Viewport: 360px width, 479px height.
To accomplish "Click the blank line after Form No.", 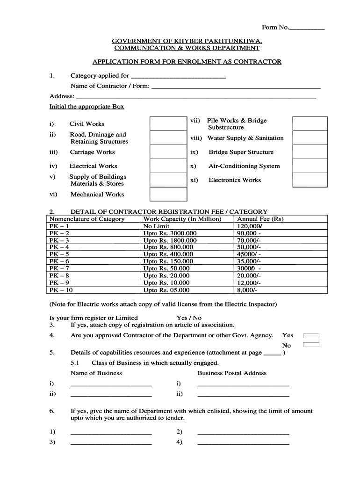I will [307, 29].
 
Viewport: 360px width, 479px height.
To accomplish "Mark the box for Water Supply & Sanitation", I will [310, 138].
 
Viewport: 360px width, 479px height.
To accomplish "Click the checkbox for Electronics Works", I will [310, 180].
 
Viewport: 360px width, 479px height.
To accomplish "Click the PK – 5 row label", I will [59, 254].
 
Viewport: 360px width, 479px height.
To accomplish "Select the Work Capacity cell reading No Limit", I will [157, 226].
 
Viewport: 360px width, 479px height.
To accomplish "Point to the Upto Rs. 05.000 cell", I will [166, 290].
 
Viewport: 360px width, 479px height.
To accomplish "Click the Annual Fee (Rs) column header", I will [260, 219].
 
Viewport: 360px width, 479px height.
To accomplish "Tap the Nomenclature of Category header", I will [87, 219].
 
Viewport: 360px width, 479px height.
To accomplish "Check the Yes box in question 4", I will [311, 335].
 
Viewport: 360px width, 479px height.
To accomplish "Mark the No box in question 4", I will [311, 345].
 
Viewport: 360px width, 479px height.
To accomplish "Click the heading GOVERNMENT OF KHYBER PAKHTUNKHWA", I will [187, 41].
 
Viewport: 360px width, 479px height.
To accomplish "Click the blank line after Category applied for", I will [179, 76].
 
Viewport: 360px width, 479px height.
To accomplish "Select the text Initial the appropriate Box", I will [87, 107].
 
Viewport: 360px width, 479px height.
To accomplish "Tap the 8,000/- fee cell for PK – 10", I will [247, 290].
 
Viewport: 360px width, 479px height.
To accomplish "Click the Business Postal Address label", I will [232, 373].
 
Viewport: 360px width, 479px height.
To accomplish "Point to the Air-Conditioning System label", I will [244, 166].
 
